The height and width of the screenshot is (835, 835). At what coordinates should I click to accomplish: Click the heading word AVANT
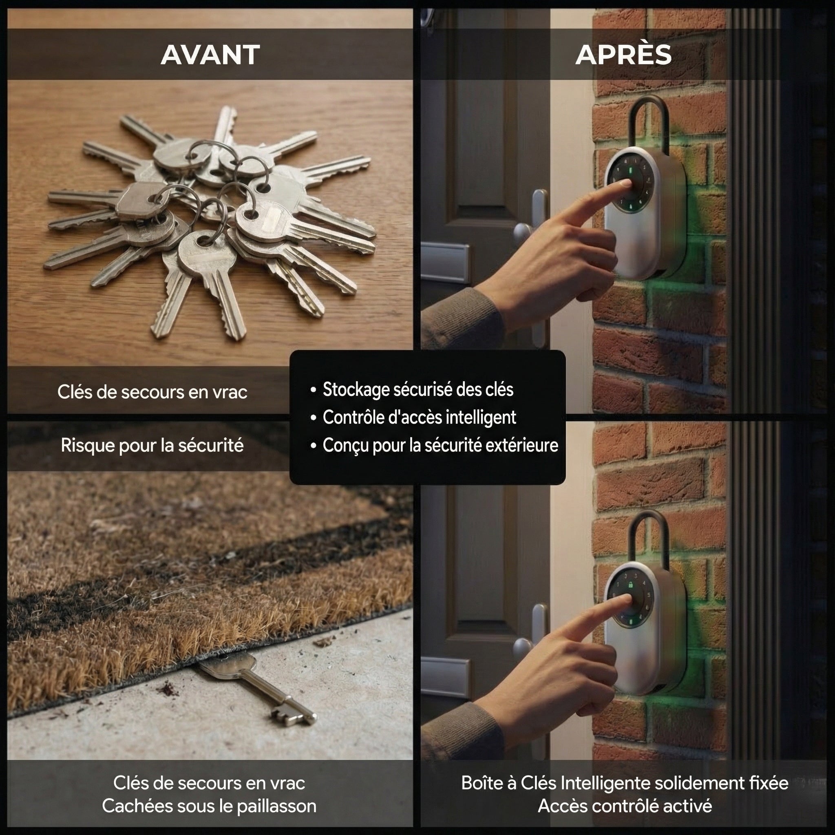tap(210, 55)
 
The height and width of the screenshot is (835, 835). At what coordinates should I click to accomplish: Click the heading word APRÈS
tap(623, 55)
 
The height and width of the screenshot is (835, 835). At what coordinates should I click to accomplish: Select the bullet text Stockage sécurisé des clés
tap(418, 389)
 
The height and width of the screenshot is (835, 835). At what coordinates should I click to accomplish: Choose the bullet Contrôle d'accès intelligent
tap(419, 417)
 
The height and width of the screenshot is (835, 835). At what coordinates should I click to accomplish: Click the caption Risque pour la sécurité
tap(152, 446)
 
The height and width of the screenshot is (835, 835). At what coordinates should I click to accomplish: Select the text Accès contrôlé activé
tap(625, 806)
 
